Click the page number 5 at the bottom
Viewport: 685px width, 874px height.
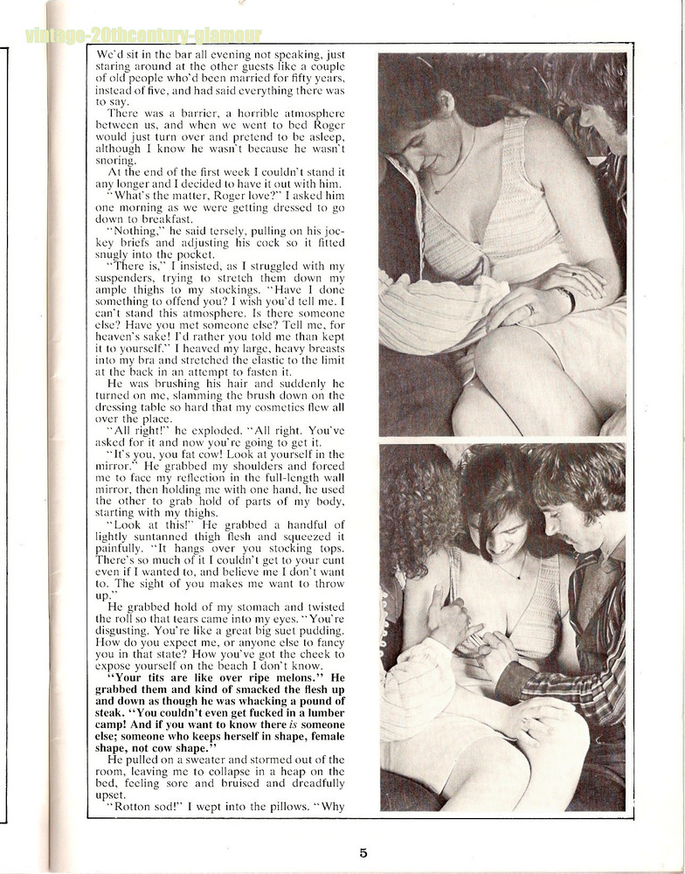(x=363, y=853)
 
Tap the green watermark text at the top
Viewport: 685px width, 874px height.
(x=143, y=36)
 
